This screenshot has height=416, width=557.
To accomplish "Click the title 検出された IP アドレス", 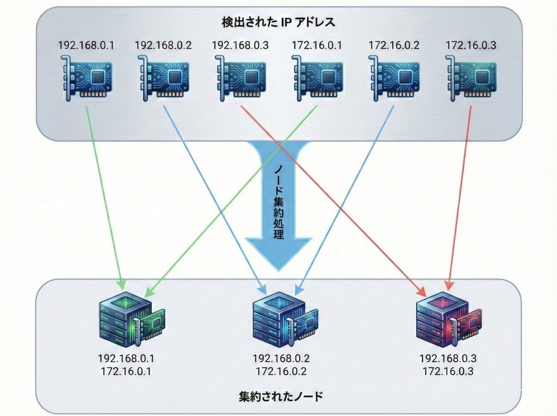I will (x=278, y=22).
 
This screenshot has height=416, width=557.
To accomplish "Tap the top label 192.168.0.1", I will (x=86, y=45).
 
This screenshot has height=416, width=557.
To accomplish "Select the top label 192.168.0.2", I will (x=163, y=45).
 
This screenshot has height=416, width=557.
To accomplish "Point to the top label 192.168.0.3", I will (x=240, y=45).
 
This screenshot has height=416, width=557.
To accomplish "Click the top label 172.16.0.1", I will (x=317, y=45).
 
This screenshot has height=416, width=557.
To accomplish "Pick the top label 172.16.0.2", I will (x=394, y=45).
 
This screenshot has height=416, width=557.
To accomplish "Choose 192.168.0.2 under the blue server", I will (x=279, y=359).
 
